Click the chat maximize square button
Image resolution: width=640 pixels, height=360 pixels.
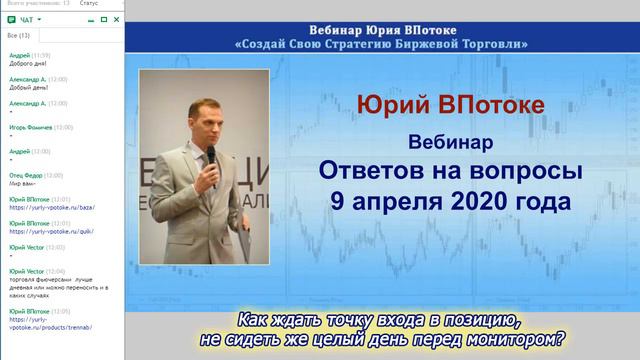[104, 19]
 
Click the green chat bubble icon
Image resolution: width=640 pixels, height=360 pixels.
[9, 19]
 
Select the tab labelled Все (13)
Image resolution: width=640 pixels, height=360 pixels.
[19, 36]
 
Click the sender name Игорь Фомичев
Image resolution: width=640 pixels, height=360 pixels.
[28, 127]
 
